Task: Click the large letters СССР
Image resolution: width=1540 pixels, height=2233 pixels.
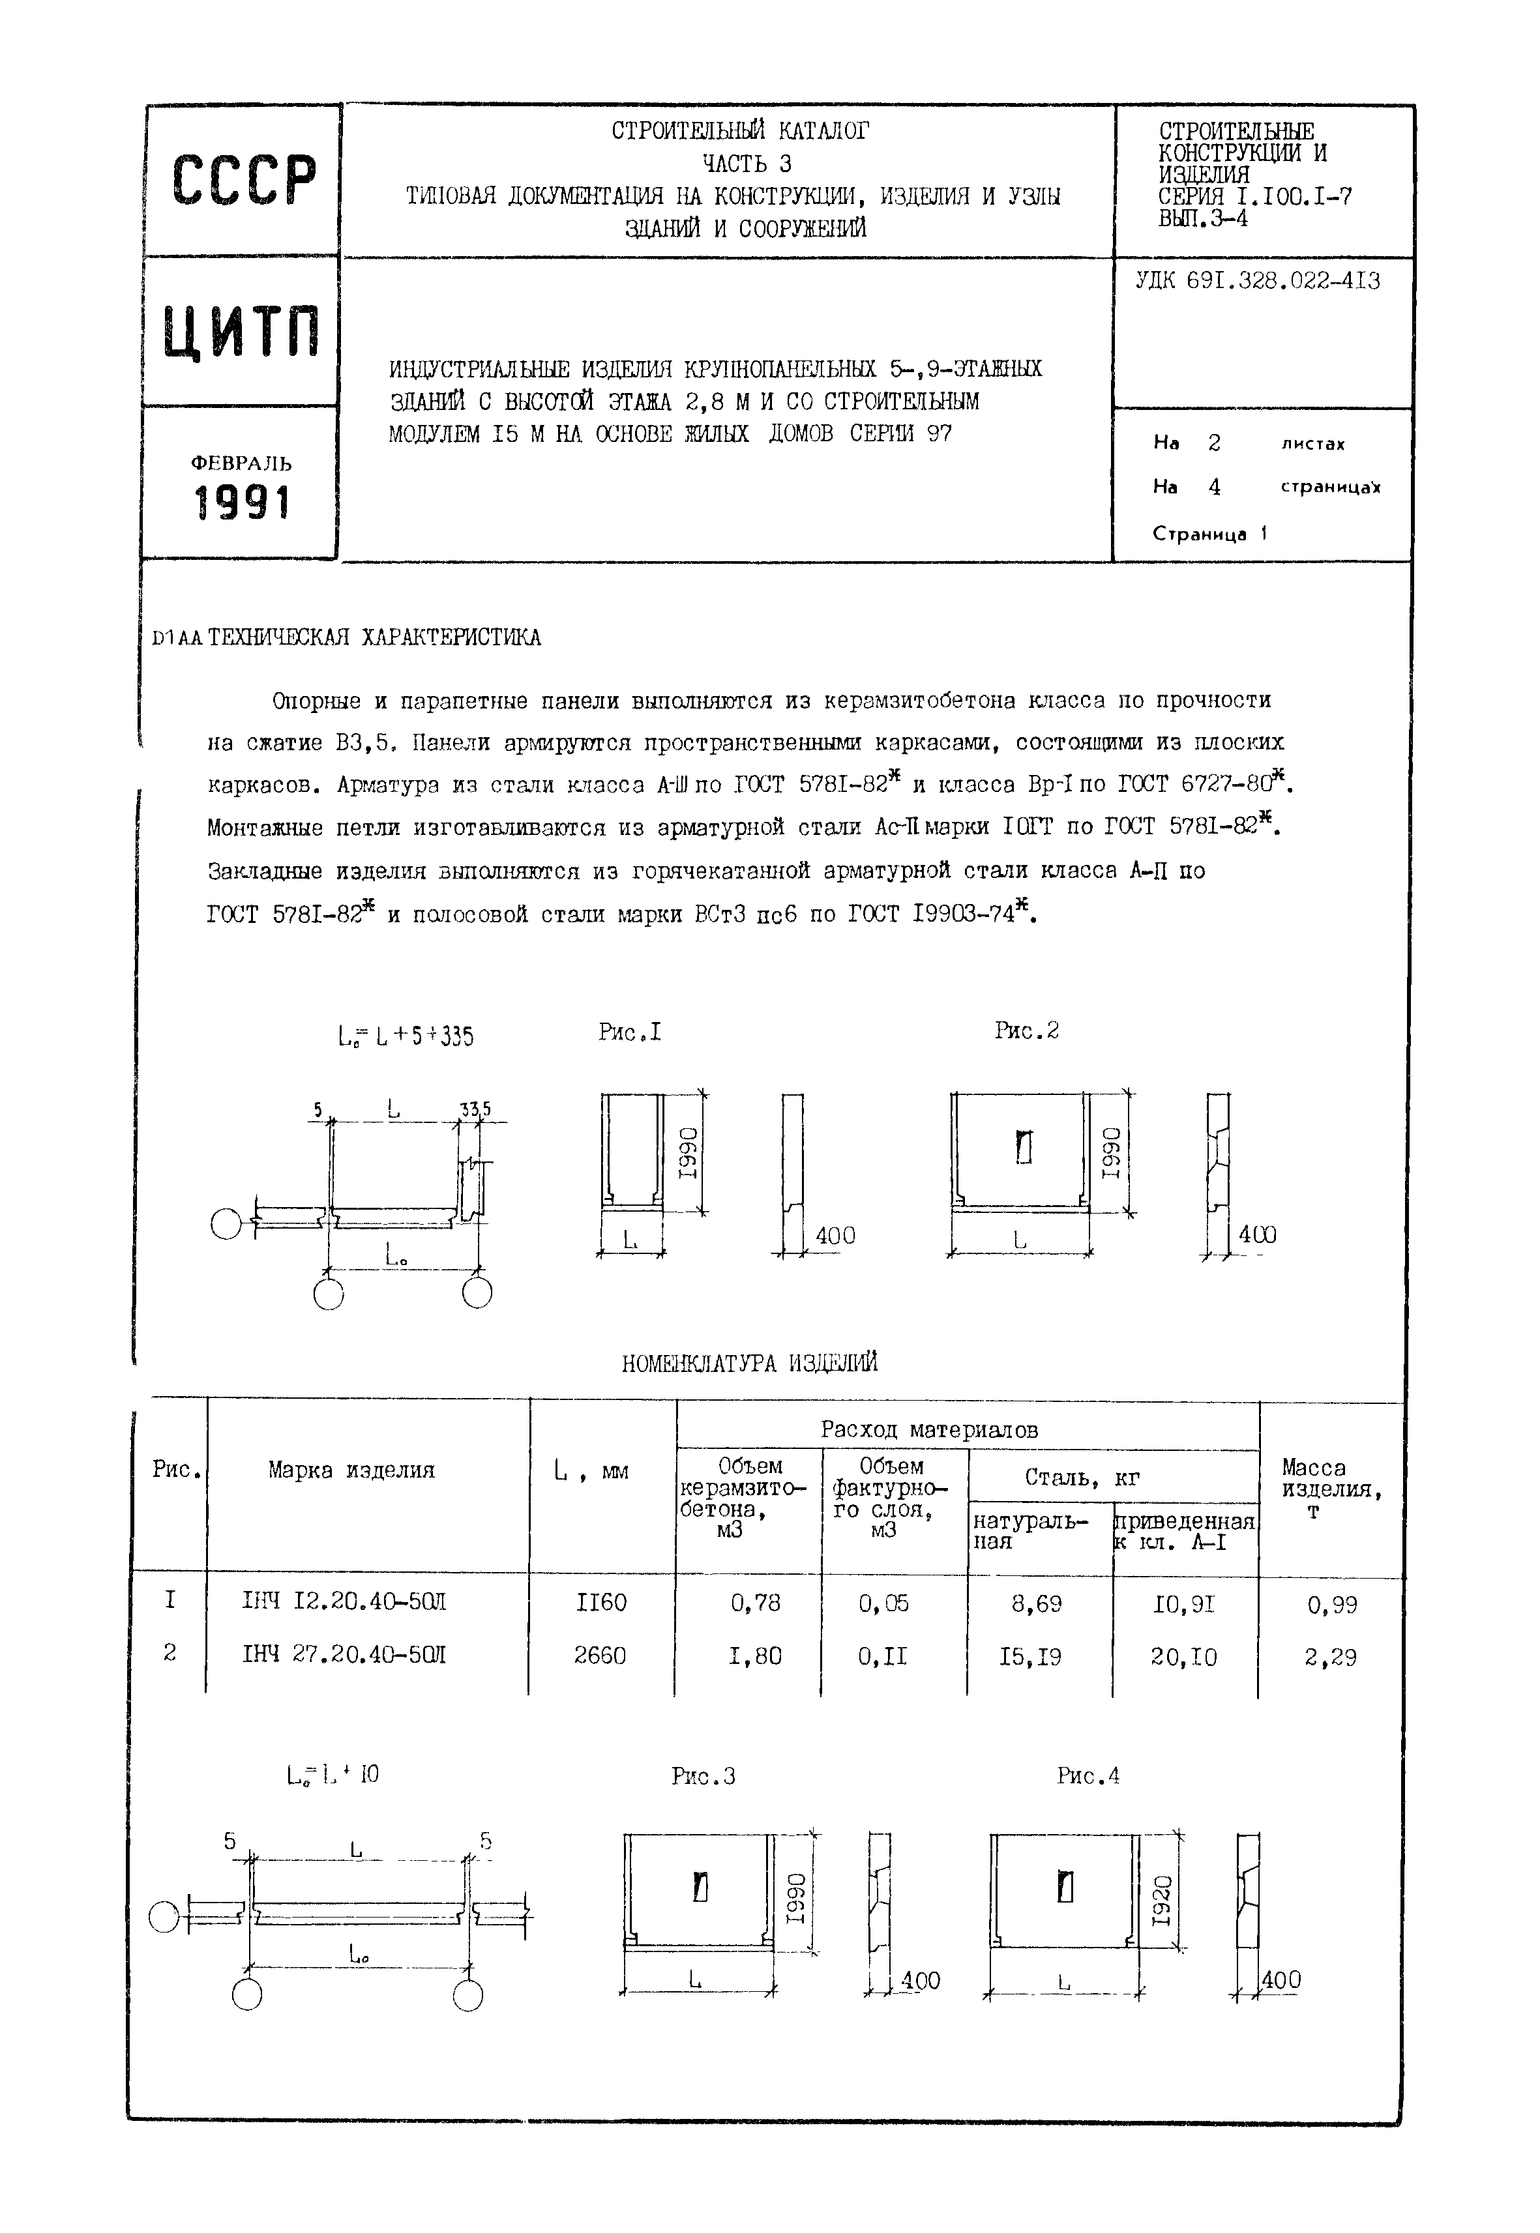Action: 243,181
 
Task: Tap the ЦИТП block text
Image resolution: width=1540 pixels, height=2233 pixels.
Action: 241,331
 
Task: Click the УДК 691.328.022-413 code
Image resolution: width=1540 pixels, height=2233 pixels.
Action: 1257,281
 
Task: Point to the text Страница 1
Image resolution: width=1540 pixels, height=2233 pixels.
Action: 1209,533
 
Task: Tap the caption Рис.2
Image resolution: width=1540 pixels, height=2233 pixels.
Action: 1027,1031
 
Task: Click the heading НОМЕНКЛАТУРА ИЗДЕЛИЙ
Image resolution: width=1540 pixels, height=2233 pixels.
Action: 750,1363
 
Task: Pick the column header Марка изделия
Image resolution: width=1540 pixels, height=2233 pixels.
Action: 351,1470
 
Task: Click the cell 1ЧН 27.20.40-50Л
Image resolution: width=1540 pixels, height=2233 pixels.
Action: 344,1656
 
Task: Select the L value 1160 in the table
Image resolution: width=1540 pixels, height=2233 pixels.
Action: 600,1603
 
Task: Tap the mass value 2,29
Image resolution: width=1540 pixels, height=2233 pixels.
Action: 1331,1657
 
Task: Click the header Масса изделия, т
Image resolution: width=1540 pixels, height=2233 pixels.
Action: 1331,1489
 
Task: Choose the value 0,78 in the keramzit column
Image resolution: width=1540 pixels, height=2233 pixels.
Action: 756,1603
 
